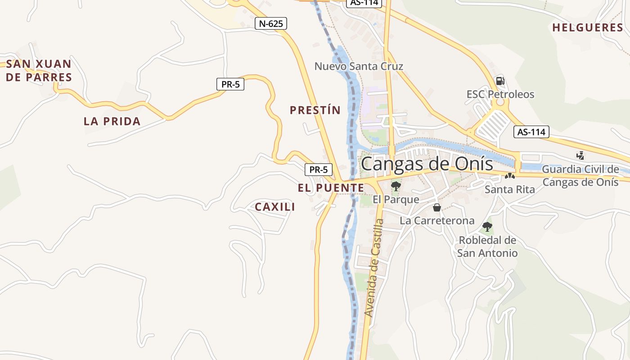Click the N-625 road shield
point(270,23)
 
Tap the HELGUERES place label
point(587,27)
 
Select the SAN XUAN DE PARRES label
point(39,70)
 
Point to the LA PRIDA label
point(112,121)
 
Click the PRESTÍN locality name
point(315,110)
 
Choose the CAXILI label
point(275,207)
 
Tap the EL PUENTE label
point(331,188)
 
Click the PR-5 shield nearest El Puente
point(319,170)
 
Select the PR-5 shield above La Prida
point(230,84)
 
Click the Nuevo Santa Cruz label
point(359,67)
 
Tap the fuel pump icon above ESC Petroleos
point(500,81)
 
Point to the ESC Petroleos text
point(500,94)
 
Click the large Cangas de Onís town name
point(427,164)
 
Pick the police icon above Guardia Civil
point(580,156)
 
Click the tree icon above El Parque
point(396,186)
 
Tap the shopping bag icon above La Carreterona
point(436,207)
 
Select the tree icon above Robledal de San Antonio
point(487,227)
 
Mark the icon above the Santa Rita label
point(509,176)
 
